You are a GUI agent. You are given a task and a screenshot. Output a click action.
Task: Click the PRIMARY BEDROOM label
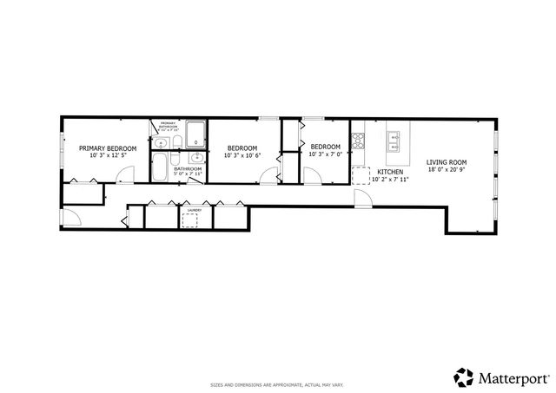tap(108, 148)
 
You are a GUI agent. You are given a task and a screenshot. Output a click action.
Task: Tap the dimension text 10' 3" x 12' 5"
tap(108, 156)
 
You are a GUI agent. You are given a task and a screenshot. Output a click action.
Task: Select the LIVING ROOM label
tap(447, 162)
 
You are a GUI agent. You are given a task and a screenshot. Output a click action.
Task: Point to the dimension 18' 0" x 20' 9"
tap(447, 170)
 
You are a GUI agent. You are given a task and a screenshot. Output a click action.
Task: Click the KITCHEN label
tap(388, 173)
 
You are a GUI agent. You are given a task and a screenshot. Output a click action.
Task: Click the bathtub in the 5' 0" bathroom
tap(161, 167)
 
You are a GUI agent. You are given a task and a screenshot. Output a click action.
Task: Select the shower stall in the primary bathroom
tap(196, 134)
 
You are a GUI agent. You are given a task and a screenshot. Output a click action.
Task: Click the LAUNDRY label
tap(195, 209)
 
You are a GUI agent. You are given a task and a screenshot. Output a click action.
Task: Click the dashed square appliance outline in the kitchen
tap(360, 174)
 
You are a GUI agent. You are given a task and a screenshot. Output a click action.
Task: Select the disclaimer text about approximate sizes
tap(277, 384)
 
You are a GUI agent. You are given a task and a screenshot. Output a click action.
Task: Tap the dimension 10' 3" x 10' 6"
tap(243, 156)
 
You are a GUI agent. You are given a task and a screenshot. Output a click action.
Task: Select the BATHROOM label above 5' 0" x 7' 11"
tap(187, 168)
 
